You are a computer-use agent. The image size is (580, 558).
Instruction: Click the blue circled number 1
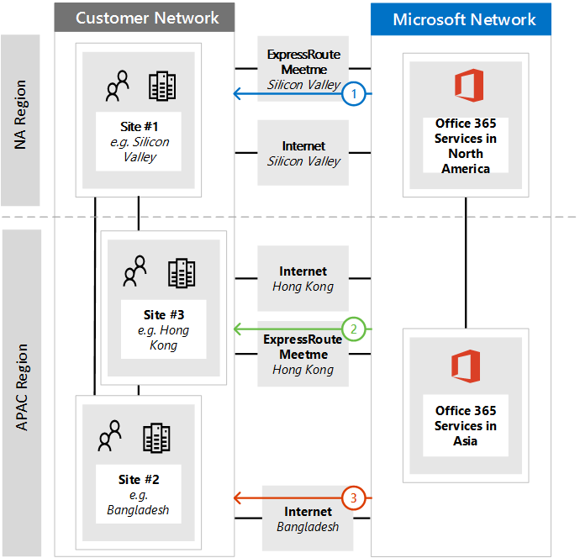[354, 94]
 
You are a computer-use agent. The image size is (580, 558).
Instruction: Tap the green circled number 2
[354, 329]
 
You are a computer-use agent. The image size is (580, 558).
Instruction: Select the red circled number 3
[354, 498]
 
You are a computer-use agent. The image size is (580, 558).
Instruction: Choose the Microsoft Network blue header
[464, 19]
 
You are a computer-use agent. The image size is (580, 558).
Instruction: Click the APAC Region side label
[21, 387]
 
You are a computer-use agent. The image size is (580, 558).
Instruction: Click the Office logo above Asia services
[466, 366]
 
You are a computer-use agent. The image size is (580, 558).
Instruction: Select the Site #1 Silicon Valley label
[139, 141]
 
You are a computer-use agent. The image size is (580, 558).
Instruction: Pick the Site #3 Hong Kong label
[164, 329]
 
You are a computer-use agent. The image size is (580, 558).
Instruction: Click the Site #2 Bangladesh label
[139, 494]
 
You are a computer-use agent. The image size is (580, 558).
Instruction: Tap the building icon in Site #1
[161, 85]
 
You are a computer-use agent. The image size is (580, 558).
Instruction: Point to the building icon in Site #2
[157, 437]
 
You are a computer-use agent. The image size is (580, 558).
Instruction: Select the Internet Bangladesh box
[308, 519]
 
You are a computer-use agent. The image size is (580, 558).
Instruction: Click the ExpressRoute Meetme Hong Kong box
[303, 354]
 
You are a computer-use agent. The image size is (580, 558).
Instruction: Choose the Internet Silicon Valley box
[303, 153]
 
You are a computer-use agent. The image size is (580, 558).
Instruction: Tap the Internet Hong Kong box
[303, 278]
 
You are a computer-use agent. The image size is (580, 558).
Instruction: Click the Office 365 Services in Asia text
[466, 425]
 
